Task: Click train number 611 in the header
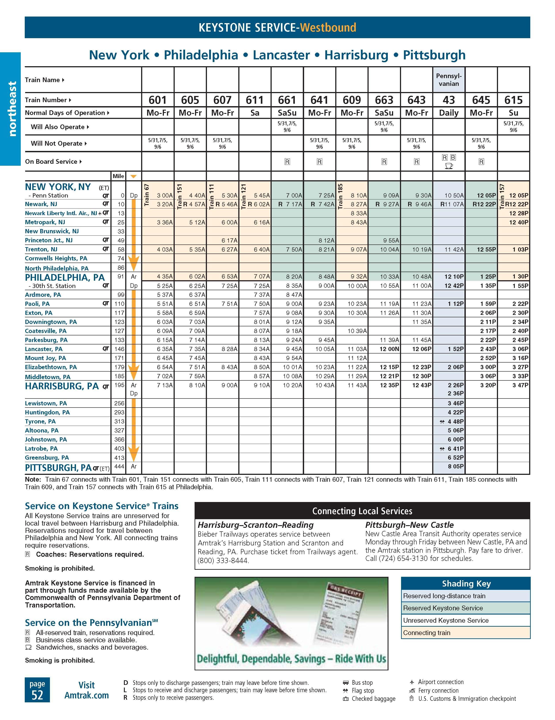click(x=255, y=100)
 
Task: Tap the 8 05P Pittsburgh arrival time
click(x=456, y=466)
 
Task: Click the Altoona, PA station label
click(x=42, y=430)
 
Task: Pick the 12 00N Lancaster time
click(x=389, y=349)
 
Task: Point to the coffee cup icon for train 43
click(x=449, y=166)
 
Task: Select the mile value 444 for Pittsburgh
click(x=119, y=466)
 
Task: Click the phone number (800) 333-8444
click(x=223, y=560)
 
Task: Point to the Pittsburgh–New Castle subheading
click(x=409, y=525)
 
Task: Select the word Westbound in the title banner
click(x=328, y=27)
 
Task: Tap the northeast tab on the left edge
click(x=12, y=109)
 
